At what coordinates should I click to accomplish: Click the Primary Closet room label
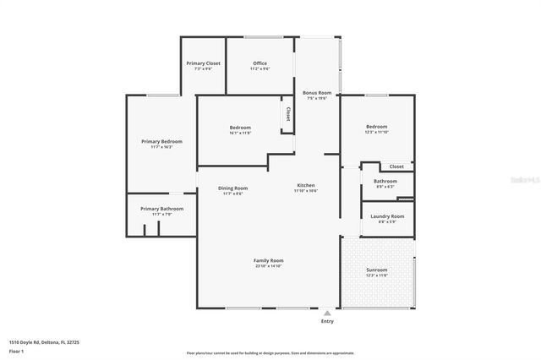click(204, 63)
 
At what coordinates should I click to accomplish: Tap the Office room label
click(260, 63)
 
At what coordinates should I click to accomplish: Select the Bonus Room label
click(317, 92)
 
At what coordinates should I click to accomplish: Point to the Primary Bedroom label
click(161, 141)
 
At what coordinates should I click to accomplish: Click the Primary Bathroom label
click(161, 209)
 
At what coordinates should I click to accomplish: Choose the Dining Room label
click(232, 188)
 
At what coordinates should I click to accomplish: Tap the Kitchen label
click(305, 185)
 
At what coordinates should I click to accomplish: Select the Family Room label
click(269, 260)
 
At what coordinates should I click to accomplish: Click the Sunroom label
click(376, 270)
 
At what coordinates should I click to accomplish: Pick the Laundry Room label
click(387, 216)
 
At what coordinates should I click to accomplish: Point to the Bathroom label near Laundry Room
click(385, 181)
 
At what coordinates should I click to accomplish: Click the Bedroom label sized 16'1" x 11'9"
click(240, 128)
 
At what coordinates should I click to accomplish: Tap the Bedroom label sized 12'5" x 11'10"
click(376, 127)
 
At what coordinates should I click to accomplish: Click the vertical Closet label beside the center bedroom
click(288, 113)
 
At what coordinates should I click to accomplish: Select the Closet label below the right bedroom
click(396, 166)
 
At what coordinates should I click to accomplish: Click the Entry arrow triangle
click(327, 312)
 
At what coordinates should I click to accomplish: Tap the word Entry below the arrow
click(327, 321)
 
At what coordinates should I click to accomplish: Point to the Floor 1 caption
click(16, 351)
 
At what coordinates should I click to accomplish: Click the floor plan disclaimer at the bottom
click(270, 352)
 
